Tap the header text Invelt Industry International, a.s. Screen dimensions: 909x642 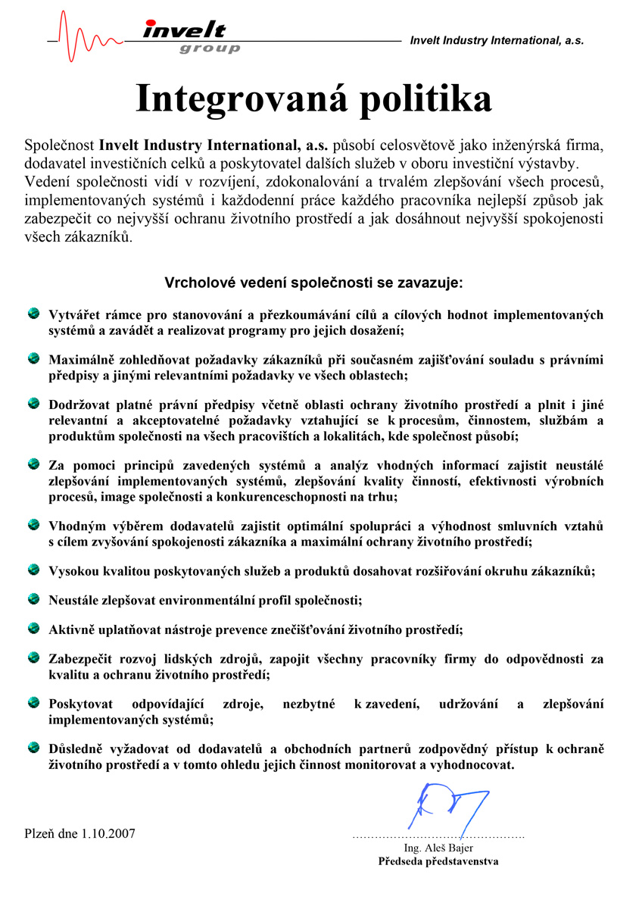pos(497,41)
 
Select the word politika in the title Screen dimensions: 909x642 pos(425,98)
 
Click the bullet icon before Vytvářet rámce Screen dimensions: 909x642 pos(34,313)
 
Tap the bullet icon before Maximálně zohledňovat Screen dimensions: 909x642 pos(34,357)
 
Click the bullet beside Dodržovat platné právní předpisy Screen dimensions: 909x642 pos(34,402)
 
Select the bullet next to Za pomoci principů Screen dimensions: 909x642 pos(34,462)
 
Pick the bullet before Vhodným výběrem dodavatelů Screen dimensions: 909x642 pos(34,523)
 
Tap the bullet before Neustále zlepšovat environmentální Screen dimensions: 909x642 pos(34,598)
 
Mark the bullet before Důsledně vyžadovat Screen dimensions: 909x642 pos(34,748)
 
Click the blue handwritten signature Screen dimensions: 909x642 pos(447,807)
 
